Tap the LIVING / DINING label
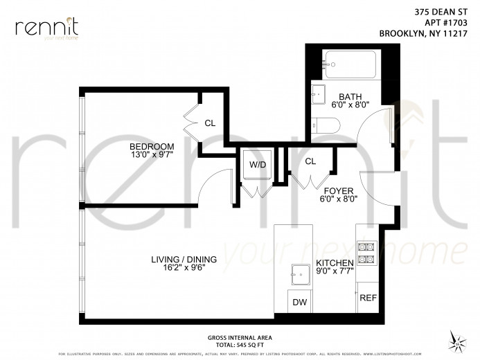184,260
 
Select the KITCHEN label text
335,263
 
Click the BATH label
350,97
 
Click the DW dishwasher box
300,303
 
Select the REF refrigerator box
367,298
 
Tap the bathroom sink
319,93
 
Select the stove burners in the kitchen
365,253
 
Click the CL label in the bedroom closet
209,123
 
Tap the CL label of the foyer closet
310,161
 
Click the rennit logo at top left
47,28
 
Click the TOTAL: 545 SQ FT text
238,344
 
